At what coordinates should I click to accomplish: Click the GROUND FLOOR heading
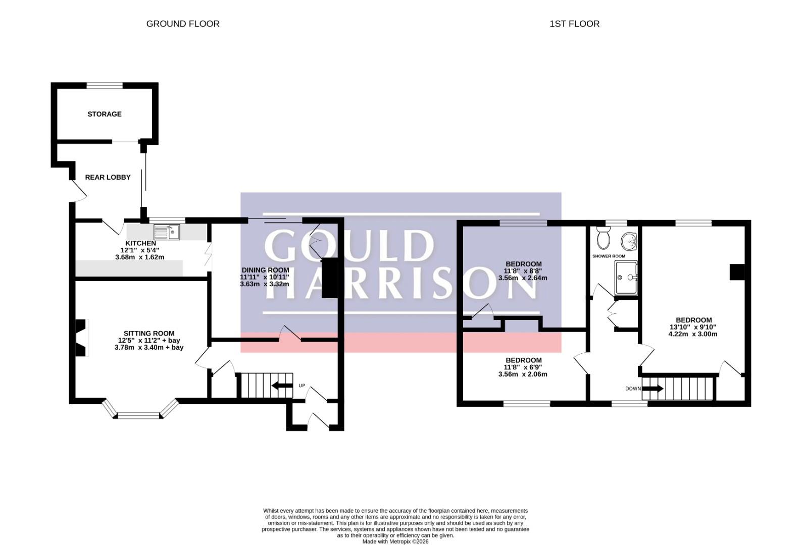183,24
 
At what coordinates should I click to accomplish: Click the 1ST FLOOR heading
574,24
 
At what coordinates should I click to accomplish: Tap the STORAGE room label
105,114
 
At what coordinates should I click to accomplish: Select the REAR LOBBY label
108,177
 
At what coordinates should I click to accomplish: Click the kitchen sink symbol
167,232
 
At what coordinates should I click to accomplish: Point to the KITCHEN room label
141,243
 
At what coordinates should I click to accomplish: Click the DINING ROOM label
265,270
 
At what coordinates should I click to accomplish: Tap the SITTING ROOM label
149,334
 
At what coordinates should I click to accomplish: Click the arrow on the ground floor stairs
282,386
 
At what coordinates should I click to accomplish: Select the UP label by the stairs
302,386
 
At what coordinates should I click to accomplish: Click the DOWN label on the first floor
633,389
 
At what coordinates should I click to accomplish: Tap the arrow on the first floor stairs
653,389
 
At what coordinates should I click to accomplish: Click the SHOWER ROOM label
609,256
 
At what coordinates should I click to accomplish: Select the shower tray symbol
626,278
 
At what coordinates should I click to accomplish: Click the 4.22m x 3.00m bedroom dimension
693,334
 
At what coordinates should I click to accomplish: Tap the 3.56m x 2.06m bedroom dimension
523,374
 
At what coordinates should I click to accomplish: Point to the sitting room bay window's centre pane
138,416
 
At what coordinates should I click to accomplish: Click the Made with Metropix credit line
395,542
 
